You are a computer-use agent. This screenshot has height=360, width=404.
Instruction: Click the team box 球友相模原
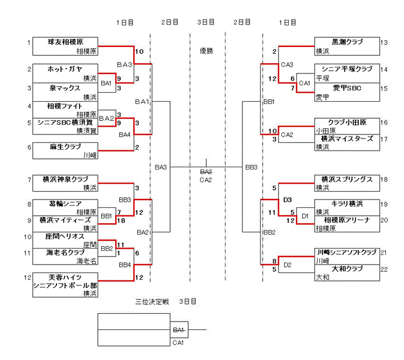[65, 46]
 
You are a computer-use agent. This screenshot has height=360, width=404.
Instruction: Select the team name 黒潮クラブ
[347, 42]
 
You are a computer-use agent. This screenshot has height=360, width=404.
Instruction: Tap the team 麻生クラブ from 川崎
[65, 151]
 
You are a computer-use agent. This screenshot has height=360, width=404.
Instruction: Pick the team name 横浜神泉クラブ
[66, 179]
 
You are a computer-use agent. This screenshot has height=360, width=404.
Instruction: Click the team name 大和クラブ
[347, 269]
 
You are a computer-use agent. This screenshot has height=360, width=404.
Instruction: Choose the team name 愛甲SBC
[347, 88]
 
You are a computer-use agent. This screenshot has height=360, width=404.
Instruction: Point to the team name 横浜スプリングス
[347, 179]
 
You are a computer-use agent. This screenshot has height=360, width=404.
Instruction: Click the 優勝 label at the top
[206, 51]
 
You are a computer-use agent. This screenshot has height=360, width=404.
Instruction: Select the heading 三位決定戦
[152, 301]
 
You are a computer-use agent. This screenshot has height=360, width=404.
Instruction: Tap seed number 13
[384, 42]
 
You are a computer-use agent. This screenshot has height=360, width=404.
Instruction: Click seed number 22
[384, 270]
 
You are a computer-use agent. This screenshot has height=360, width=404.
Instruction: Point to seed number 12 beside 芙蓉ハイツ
[27, 277]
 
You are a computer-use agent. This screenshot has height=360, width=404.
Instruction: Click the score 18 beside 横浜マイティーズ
[121, 220]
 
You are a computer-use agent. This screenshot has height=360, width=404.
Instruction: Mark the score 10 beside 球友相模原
[140, 51]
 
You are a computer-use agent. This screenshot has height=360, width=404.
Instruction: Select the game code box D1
[305, 216]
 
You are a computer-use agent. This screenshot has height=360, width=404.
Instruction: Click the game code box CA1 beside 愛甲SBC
[305, 83]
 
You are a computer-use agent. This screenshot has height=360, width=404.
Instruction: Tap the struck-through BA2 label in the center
[206, 172]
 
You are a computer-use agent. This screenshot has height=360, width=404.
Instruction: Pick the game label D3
[287, 199]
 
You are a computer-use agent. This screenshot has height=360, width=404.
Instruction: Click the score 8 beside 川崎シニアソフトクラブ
[275, 261]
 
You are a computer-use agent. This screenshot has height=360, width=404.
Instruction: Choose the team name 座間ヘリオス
[65, 236]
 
